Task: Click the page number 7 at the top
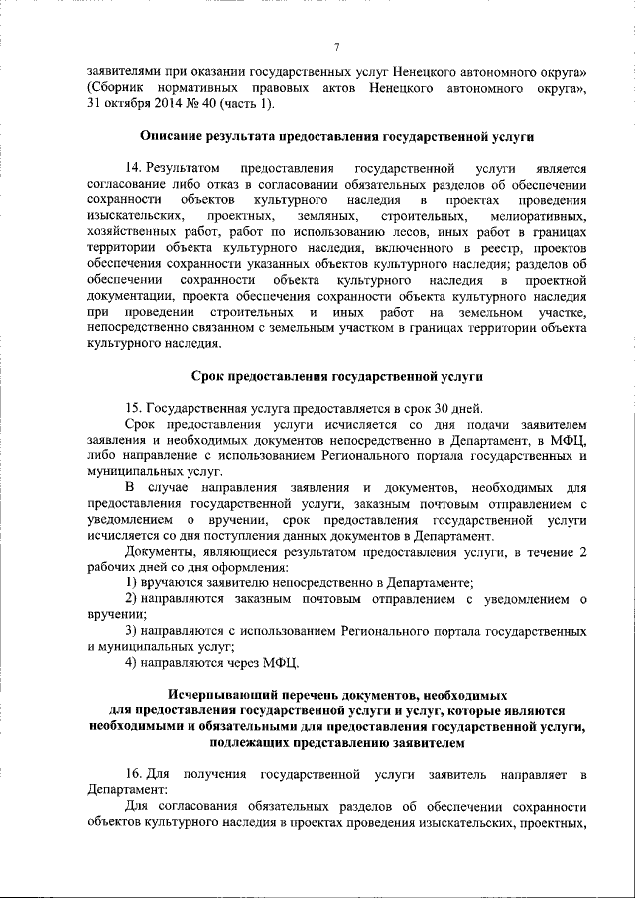click(x=336, y=48)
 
